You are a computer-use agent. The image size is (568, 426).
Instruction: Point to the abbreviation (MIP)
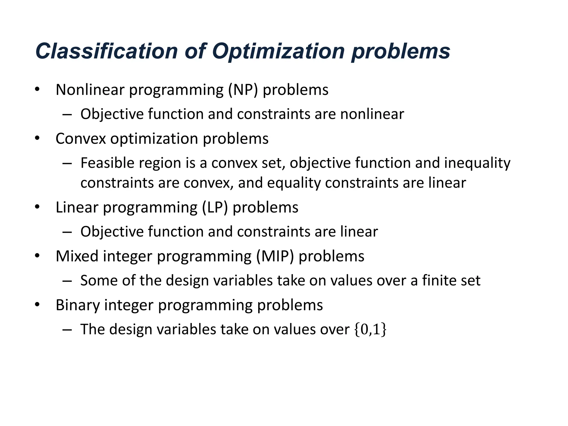pos(275,256)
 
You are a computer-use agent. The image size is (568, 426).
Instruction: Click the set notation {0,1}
pos(370,329)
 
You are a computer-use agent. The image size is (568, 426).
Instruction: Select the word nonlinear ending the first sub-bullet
pos(372,114)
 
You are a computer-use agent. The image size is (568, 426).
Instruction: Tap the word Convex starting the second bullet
pos(81,139)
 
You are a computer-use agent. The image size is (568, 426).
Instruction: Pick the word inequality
pos(477,163)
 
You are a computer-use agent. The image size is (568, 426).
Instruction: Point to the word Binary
pos(78,305)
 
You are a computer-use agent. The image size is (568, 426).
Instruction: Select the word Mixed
pos(77,256)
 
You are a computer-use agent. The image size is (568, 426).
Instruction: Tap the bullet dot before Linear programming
pos(37,207)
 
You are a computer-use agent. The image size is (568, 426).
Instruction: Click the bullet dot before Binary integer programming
pos(37,305)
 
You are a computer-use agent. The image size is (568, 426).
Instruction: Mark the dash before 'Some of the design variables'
pos(67,281)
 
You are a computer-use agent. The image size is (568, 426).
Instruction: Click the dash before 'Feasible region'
pos(67,163)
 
